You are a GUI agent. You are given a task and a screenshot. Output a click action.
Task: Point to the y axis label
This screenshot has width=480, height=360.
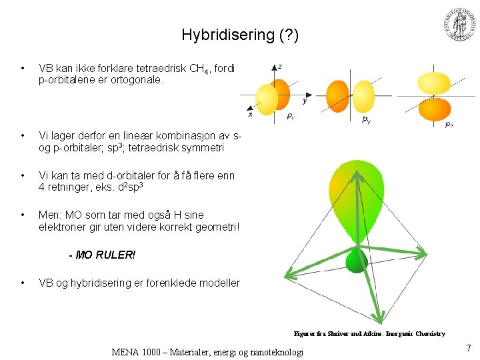point(305,101)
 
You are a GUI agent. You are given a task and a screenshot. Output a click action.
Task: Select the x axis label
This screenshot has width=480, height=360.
point(251,114)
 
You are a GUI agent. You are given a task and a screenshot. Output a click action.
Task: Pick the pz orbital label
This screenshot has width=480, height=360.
point(450,124)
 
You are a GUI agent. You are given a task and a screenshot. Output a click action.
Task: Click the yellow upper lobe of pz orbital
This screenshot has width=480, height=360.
point(433,82)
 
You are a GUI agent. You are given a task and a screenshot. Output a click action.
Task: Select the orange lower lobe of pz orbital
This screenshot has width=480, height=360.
point(435,109)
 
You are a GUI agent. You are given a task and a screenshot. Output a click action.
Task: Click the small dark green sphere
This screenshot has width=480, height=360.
point(357,261)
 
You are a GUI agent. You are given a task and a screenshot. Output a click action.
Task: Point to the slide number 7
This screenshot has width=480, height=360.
point(469,348)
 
